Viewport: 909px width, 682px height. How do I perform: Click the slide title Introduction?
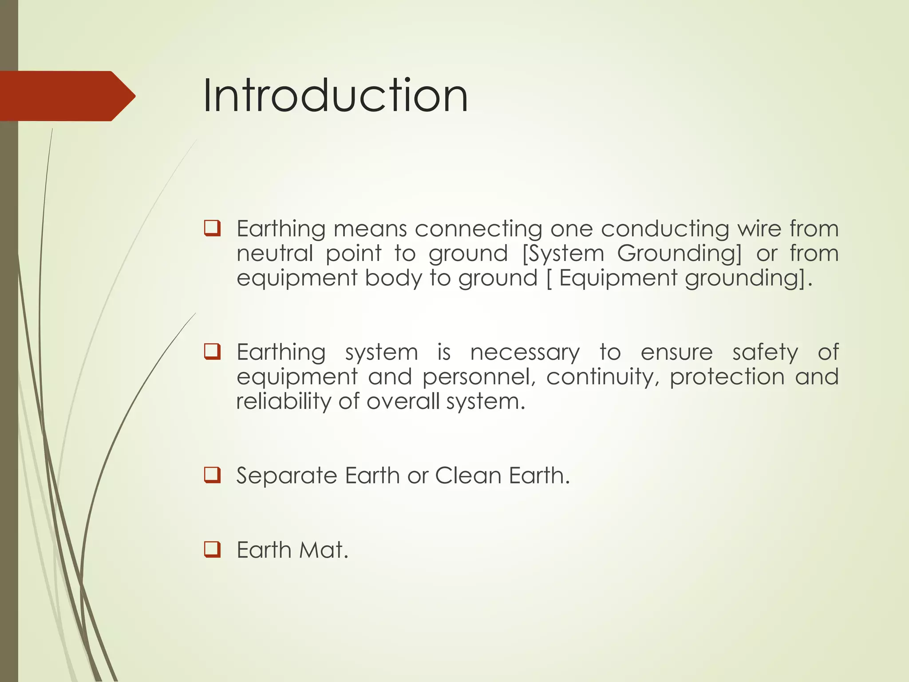tap(335, 95)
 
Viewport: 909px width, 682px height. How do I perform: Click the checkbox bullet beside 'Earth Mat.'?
tap(212, 549)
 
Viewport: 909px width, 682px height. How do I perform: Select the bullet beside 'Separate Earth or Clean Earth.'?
tap(212, 475)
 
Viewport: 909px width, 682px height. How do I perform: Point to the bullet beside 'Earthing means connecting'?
tap(212, 228)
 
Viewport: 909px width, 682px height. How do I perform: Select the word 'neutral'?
tap(274, 254)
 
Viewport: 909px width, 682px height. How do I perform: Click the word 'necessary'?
tap(525, 353)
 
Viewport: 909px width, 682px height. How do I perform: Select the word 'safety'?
tap(765, 353)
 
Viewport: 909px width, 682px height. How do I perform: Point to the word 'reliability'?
tap(282, 401)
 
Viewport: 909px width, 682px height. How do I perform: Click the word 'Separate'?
tap(287, 476)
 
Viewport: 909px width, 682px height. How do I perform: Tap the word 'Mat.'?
tap(324, 550)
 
